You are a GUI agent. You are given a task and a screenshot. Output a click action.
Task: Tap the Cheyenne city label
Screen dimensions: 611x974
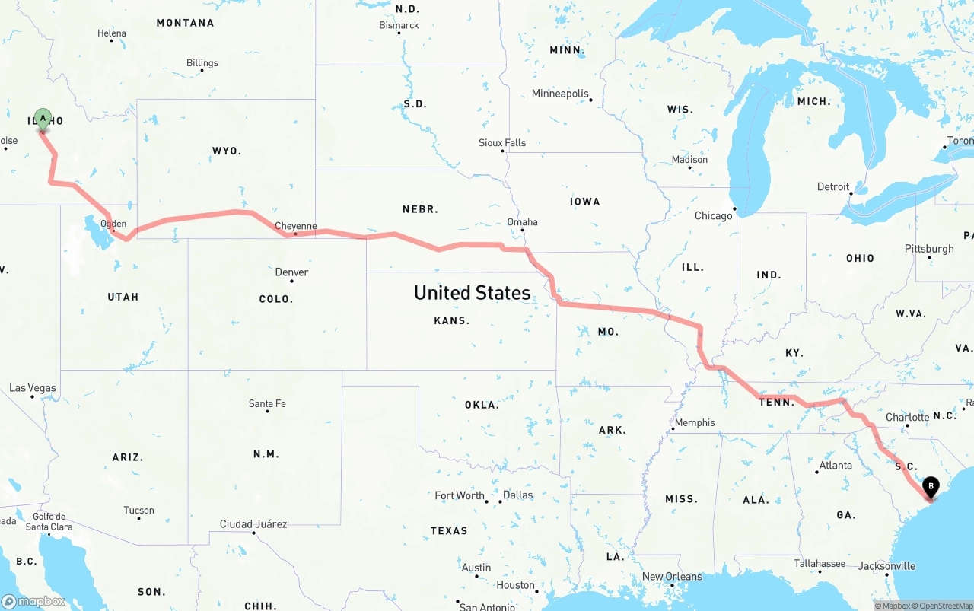click(295, 226)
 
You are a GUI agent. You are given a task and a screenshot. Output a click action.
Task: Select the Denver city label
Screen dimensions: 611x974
click(291, 272)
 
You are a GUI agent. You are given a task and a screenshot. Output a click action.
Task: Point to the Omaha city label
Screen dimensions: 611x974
click(522, 222)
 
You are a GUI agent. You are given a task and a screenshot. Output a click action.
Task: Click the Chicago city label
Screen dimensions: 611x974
click(713, 216)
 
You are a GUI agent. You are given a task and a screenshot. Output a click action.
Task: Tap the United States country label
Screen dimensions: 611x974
click(472, 293)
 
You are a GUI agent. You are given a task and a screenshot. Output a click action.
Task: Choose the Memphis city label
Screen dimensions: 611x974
click(695, 423)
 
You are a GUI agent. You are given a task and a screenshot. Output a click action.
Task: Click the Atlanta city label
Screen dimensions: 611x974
click(836, 466)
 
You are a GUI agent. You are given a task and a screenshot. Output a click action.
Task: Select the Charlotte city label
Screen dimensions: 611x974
click(907, 418)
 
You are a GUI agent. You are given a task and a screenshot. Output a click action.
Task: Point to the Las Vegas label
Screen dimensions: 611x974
click(33, 388)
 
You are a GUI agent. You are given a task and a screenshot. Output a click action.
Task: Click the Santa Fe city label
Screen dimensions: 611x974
click(267, 403)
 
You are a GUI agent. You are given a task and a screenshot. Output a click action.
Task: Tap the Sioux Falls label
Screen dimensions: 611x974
click(502, 143)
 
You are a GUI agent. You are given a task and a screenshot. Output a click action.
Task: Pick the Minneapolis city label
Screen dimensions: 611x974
click(560, 94)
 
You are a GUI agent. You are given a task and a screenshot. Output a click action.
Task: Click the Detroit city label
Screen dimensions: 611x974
click(833, 187)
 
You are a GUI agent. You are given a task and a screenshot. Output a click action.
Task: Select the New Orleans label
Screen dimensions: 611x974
click(672, 577)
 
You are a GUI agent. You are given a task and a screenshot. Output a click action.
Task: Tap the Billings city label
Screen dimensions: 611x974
click(202, 63)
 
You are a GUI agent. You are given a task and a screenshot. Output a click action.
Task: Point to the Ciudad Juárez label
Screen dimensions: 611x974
click(253, 524)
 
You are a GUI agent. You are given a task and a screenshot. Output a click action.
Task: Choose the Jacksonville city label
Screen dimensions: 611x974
click(886, 566)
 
